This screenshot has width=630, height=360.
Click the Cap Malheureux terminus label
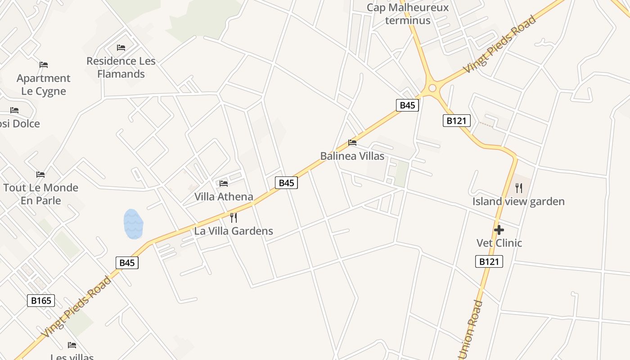pyautogui.click(x=408, y=14)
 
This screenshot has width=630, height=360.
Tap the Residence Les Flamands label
pyautogui.click(x=121, y=67)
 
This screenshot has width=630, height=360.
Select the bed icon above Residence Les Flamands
pyautogui.click(x=121, y=47)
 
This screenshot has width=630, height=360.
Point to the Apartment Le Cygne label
pyautogui.click(x=44, y=85)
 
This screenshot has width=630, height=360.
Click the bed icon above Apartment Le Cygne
pyautogui.click(x=44, y=65)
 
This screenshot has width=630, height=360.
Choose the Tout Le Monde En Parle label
pyautogui.click(x=40, y=194)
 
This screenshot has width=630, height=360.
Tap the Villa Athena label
pyautogui.click(x=224, y=197)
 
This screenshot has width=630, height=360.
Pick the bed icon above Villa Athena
pyautogui.click(x=224, y=183)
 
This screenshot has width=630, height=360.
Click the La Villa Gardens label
pyautogui.click(x=234, y=231)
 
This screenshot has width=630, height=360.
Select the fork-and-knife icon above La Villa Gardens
pyautogui.click(x=234, y=218)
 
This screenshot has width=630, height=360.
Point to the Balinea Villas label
pyautogui.click(x=352, y=156)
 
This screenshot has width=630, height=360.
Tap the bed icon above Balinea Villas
pyautogui.click(x=352, y=143)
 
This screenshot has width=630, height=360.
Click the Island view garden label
pyautogui.click(x=518, y=202)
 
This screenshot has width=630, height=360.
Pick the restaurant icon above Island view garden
pyautogui.click(x=519, y=188)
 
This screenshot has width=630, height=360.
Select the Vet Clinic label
pyautogui.click(x=499, y=243)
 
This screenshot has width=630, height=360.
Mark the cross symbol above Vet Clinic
pyautogui.click(x=499, y=230)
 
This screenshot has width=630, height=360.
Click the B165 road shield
pyautogui.click(x=41, y=300)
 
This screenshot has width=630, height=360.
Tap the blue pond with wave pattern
pyautogui.click(x=133, y=224)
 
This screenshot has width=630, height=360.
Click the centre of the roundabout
pyautogui.click(x=432, y=88)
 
